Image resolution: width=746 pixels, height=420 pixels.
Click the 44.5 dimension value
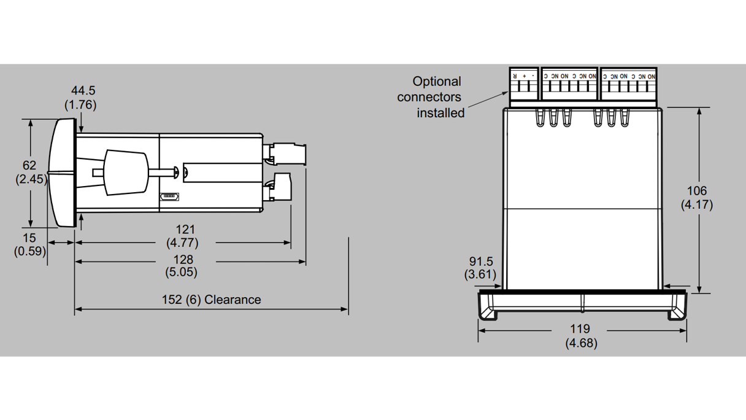click(x=83, y=91)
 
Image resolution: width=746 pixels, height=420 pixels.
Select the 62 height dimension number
click(x=29, y=165)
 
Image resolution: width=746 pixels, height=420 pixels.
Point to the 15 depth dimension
click(x=29, y=238)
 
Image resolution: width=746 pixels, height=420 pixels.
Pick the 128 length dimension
click(x=183, y=259)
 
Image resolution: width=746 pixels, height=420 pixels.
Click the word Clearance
click(x=233, y=300)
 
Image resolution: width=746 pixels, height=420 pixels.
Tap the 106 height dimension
click(x=697, y=191)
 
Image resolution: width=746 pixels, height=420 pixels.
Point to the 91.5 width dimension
click(x=481, y=262)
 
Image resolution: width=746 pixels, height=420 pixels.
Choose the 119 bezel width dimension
click(x=580, y=329)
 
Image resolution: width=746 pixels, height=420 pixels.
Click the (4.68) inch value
click(x=581, y=343)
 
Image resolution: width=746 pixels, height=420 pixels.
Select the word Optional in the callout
click(x=436, y=81)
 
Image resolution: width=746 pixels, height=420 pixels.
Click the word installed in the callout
click(x=440, y=113)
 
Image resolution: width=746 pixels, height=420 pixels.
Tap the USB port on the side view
click(x=169, y=196)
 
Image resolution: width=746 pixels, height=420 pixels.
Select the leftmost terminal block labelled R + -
click(x=523, y=84)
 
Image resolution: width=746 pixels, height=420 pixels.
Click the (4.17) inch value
click(x=697, y=204)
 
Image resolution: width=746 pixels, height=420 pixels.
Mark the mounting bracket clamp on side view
click(x=126, y=173)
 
